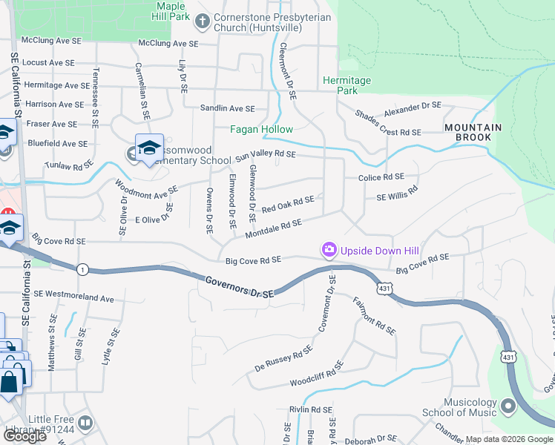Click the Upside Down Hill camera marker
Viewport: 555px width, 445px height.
click(x=328, y=251)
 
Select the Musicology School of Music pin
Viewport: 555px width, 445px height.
click(x=508, y=406)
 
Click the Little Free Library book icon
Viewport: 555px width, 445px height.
click(x=85, y=423)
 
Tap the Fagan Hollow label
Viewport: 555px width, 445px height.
click(x=261, y=130)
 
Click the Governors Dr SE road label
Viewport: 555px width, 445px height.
click(x=239, y=287)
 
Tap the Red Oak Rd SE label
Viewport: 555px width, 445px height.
click(x=288, y=204)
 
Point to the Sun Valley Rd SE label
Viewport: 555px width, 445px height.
click(x=266, y=156)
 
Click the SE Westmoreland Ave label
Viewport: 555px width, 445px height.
click(x=73, y=298)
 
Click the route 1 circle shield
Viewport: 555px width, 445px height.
click(x=82, y=269)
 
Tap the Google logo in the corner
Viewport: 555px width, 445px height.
click(x=24, y=436)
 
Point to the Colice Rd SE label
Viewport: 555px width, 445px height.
click(x=381, y=178)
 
